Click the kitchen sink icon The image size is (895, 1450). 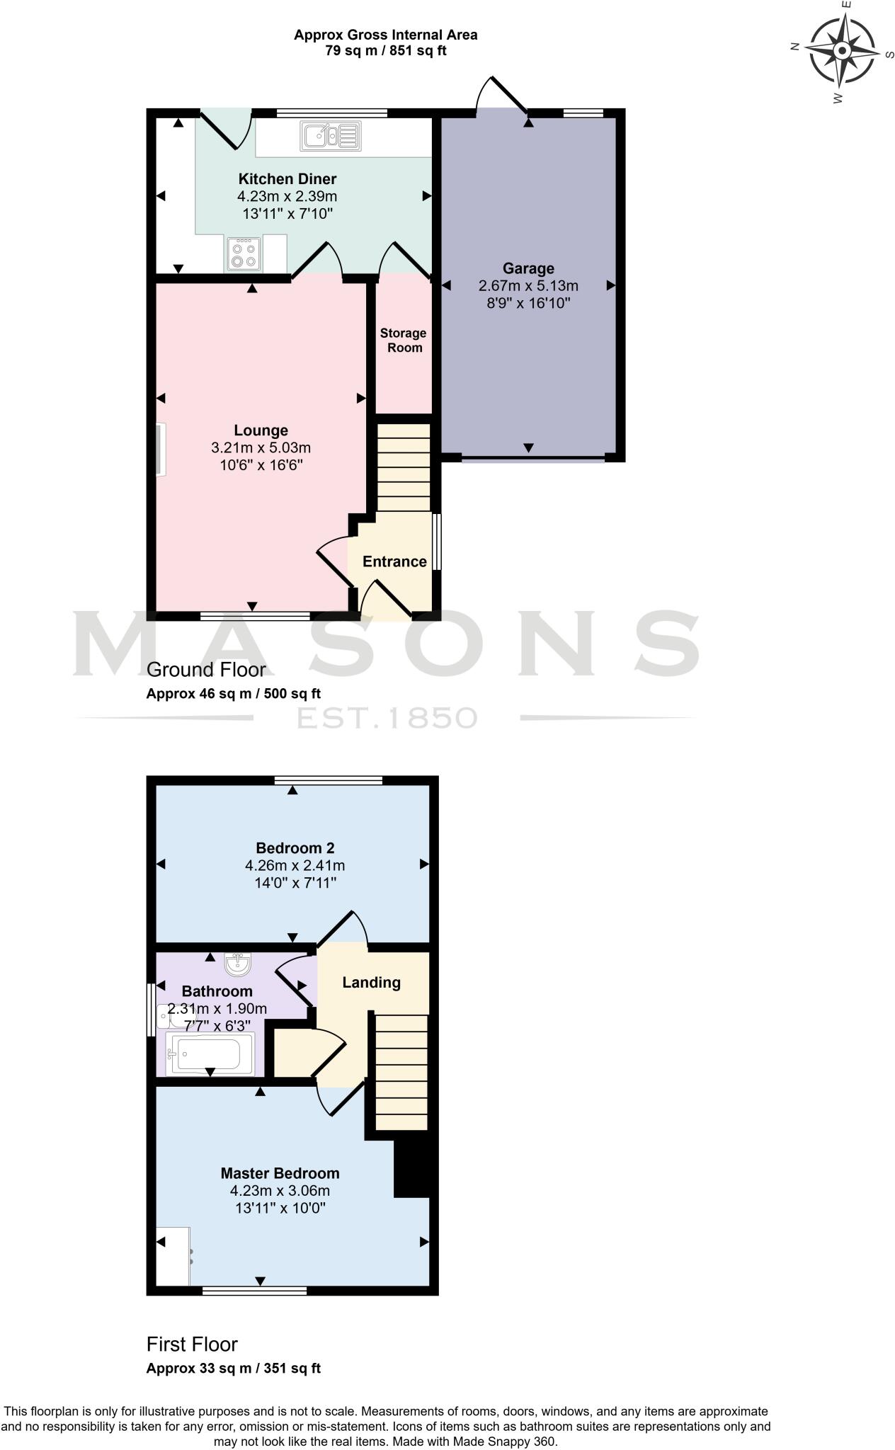[330, 135]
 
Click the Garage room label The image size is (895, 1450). [528, 268]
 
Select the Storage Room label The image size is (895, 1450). [403, 340]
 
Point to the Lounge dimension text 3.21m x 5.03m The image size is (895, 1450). [261, 447]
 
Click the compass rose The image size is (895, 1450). [842, 51]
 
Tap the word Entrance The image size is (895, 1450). [394, 561]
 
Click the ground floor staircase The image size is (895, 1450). [403, 467]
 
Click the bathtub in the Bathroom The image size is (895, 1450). [210, 1054]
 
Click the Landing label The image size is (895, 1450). [371, 982]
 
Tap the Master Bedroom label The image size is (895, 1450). [280, 1173]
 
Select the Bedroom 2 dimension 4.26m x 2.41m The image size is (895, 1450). [295, 865]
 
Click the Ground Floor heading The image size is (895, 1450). [206, 669]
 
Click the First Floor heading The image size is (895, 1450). [192, 1344]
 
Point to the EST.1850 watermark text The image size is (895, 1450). [386, 718]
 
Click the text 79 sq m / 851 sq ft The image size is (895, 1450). [386, 51]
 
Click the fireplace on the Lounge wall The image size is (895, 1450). [161, 450]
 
